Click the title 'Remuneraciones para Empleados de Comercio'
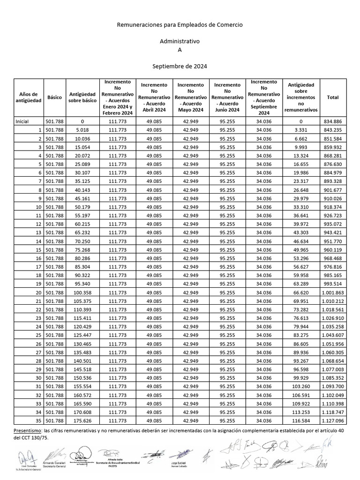point(180,24)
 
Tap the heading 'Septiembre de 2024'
point(180,67)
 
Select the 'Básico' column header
point(54,97)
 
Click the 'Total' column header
point(333,97)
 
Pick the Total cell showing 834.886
point(333,121)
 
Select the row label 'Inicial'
point(22,121)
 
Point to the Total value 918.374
point(333,207)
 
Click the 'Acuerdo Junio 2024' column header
point(227,97)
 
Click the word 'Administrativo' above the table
point(180,41)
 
